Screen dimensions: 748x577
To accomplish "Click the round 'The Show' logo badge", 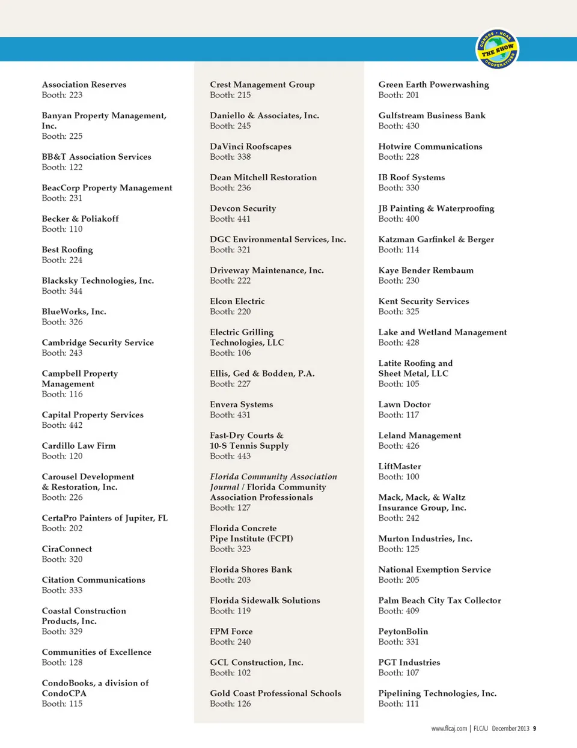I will click(498, 49).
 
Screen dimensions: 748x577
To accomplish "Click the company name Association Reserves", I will click(84, 85).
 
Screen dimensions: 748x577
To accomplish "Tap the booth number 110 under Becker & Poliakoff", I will click(75, 229).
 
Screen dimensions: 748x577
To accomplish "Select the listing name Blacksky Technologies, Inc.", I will click(97, 281).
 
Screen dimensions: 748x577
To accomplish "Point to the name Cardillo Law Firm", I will click(79, 446).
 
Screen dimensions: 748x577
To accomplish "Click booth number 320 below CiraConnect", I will click(75, 559).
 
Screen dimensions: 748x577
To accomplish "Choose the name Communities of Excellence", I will click(96, 652).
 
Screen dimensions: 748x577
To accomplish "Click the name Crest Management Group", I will click(262, 85).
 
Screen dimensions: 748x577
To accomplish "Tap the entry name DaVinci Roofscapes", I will click(251, 147).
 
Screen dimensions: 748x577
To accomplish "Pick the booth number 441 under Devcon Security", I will click(243, 219).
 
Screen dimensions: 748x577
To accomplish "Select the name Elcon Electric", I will click(237, 301).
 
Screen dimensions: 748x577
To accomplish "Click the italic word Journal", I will click(224, 487).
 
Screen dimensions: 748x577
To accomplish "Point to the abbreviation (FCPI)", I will click(280, 538).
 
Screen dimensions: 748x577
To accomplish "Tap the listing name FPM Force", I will click(231, 631).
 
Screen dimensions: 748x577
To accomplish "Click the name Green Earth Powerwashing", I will click(433, 85).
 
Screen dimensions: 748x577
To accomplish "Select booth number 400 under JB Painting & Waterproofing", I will click(412, 219).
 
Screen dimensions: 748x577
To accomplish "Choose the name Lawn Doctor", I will click(405, 404).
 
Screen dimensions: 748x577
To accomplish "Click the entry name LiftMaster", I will click(400, 466).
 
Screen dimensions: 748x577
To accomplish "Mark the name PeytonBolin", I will click(403, 631).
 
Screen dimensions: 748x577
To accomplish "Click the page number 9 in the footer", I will click(534, 729).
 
